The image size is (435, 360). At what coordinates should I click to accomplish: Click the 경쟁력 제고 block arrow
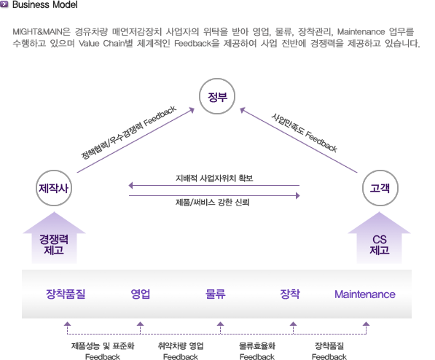54,238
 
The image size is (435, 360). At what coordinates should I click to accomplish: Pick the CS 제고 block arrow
379,238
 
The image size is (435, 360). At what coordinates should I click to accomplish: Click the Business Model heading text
45,4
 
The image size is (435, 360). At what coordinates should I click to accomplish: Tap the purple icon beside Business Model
4,4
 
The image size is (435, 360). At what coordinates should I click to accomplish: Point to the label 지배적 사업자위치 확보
214,178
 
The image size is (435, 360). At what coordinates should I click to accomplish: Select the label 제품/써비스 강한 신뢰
213,202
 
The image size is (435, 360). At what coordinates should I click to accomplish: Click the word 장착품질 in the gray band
66,294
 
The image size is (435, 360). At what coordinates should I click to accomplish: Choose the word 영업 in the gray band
141,294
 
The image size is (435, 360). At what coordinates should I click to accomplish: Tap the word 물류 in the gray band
216,294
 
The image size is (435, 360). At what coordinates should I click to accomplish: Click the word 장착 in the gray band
290,294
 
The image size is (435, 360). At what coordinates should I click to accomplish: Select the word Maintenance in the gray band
365,294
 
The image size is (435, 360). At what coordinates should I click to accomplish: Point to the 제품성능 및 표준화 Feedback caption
103,351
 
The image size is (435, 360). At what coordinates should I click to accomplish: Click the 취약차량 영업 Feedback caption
181,351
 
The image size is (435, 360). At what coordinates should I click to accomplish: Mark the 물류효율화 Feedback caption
257,351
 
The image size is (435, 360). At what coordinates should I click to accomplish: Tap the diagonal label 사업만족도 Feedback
305,133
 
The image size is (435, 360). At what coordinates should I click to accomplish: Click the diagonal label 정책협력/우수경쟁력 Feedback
128,132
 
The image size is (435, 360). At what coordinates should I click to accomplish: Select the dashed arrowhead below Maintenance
367,324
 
